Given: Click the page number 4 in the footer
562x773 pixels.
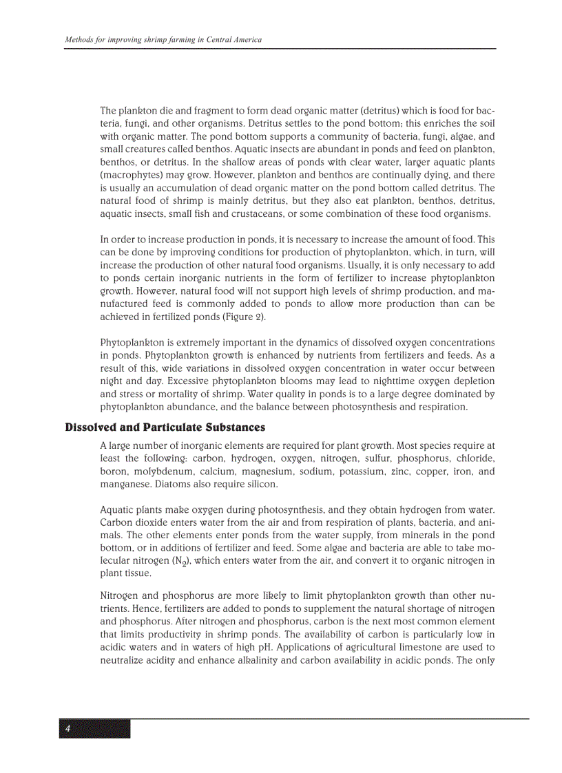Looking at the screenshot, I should (67, 729).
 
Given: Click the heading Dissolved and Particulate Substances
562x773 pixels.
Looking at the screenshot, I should (165, 427).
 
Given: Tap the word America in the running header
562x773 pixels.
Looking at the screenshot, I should (244, 40).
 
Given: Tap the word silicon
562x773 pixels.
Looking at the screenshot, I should (262, 485).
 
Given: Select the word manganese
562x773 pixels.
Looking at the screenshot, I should (125, 485).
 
